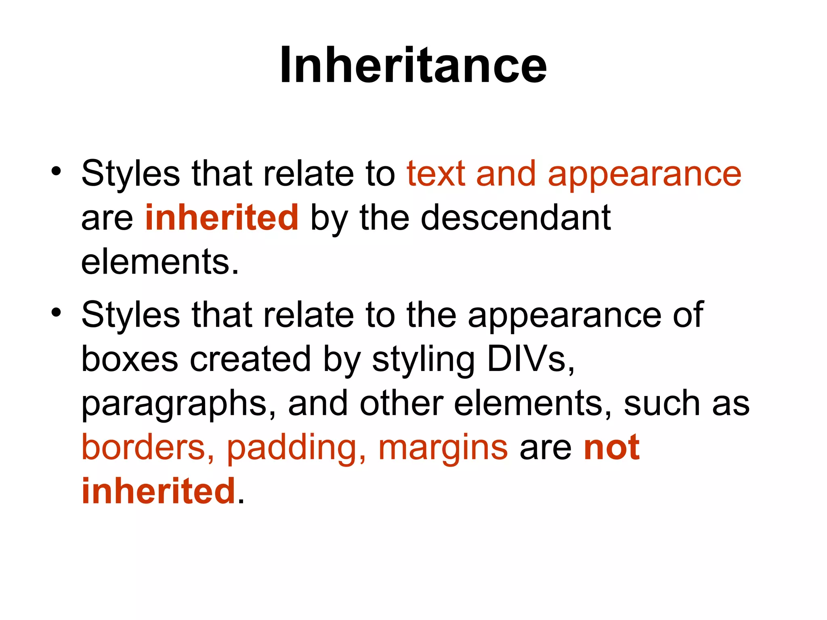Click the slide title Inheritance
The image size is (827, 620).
pyautogui.click(x=413, y=65)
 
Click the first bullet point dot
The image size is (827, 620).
pyautogui.click(x=56, y=171)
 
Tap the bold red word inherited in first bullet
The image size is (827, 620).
pyautogui.click(x=222, y=218)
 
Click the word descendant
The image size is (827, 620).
pyautogui.click(x=516, y=218)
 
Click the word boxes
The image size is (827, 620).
pyautogui.click(x=130, y=359)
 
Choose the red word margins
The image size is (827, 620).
pyautogui.click(x=443, y=448)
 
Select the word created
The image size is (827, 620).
pyautogui.click(x=250, y=359)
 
